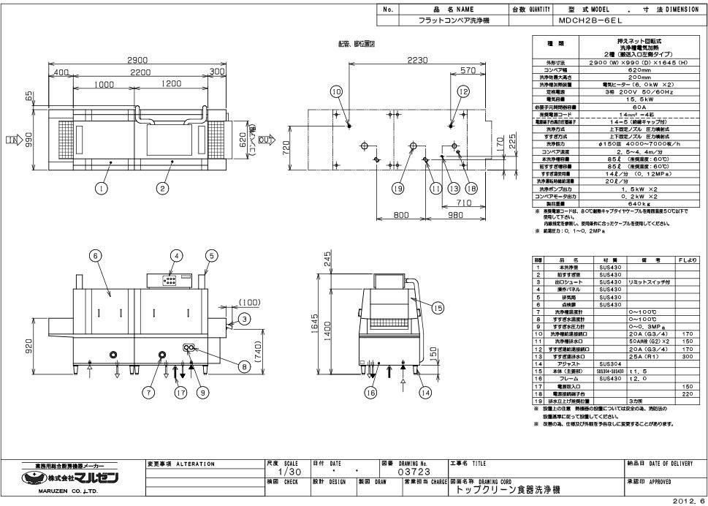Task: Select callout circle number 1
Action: tap(100, 188)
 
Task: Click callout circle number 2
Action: tap(162, 188)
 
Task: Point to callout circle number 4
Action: tap(175, 255)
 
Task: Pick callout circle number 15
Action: tap(438, 308)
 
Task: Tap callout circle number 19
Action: tap(398, 189)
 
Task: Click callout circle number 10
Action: tap(336, 92)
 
